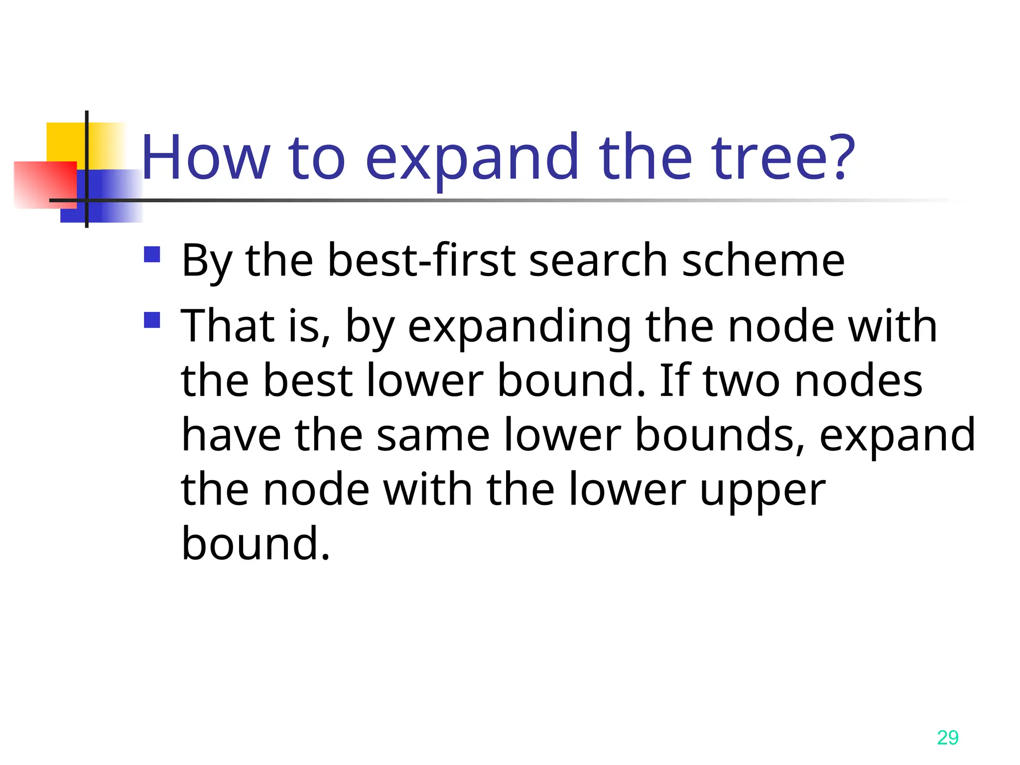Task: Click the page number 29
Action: pyautogui.click(x=947, y=738)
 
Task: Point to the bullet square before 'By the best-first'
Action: pyautogui.click(x=152, y=255)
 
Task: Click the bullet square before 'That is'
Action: pyautogui.click(x=152, y=320)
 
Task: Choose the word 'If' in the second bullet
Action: pyautogui.click(x=674, y=381)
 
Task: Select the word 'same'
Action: pyautogui.click(x=433, y=435)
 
